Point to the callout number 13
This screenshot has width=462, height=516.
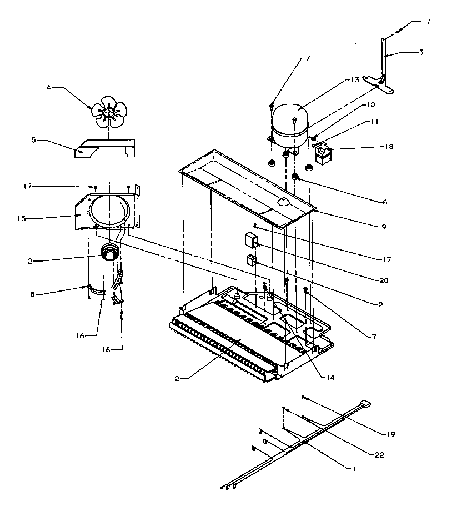click(x=355, y=80)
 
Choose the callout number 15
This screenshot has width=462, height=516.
click(x=22, y=218)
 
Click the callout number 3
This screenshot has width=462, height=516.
click(x=421, y=52)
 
